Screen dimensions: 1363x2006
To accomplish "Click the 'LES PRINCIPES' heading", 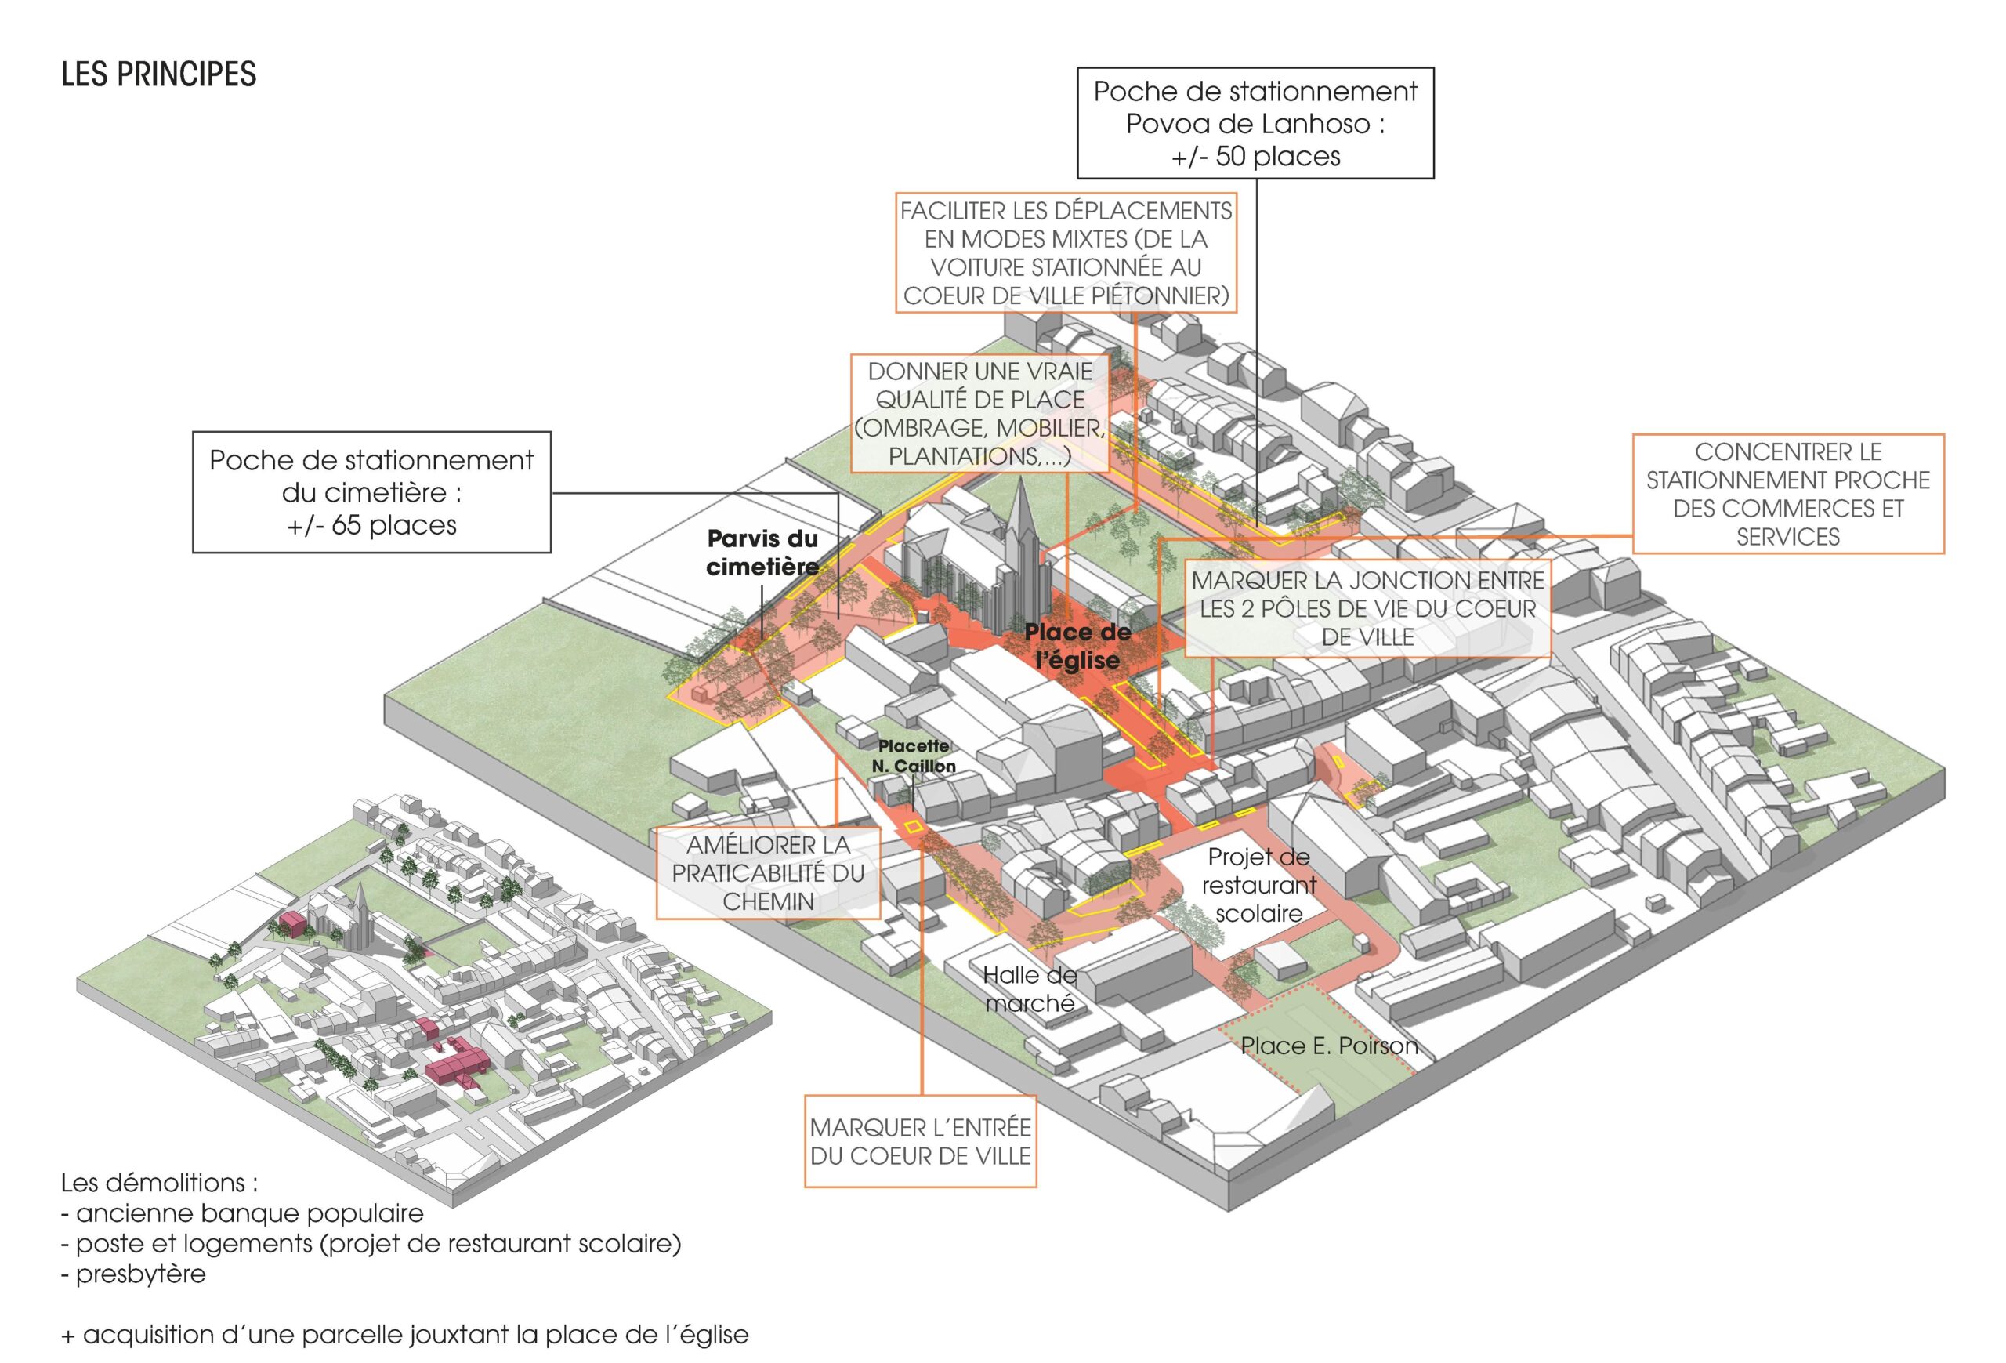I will [159, 74].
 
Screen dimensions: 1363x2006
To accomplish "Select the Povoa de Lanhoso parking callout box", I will [1255, 123].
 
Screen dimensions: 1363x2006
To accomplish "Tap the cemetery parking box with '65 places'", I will [371, 492].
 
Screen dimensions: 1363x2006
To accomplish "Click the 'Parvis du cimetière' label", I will [762, 553].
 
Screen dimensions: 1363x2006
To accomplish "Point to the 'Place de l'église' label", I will [1077, 646].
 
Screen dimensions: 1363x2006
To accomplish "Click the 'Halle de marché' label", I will [1030, 988].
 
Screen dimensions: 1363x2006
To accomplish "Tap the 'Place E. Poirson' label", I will [1328, 1046].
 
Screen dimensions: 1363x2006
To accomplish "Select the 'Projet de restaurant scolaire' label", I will [1258, 885].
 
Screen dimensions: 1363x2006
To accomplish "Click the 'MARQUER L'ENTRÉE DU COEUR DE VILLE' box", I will [920, 1141].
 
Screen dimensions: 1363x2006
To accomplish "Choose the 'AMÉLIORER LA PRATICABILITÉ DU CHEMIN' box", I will [768, 872].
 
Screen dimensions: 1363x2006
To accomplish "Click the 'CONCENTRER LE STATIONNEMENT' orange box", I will [1787, 494].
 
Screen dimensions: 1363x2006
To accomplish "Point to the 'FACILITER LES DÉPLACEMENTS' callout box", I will [1065, 253].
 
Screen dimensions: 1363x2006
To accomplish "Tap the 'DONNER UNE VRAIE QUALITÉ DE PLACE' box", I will [979, 414].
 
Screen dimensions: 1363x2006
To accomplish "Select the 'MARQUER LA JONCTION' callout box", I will [1367, 608].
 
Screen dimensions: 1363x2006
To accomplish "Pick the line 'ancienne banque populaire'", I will [249, 1213].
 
